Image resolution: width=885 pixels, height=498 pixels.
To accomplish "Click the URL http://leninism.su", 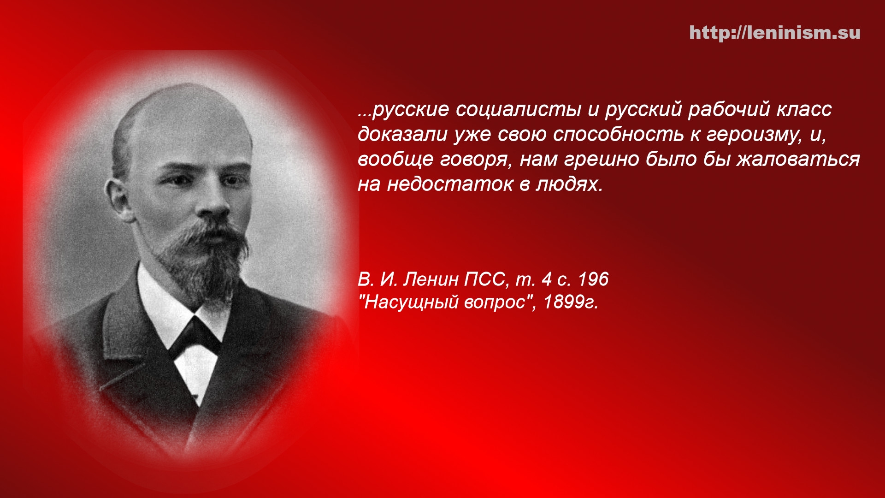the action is point(775,33).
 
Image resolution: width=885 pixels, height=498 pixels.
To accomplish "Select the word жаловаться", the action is point(798,160).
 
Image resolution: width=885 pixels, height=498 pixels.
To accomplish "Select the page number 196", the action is point(593,279).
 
